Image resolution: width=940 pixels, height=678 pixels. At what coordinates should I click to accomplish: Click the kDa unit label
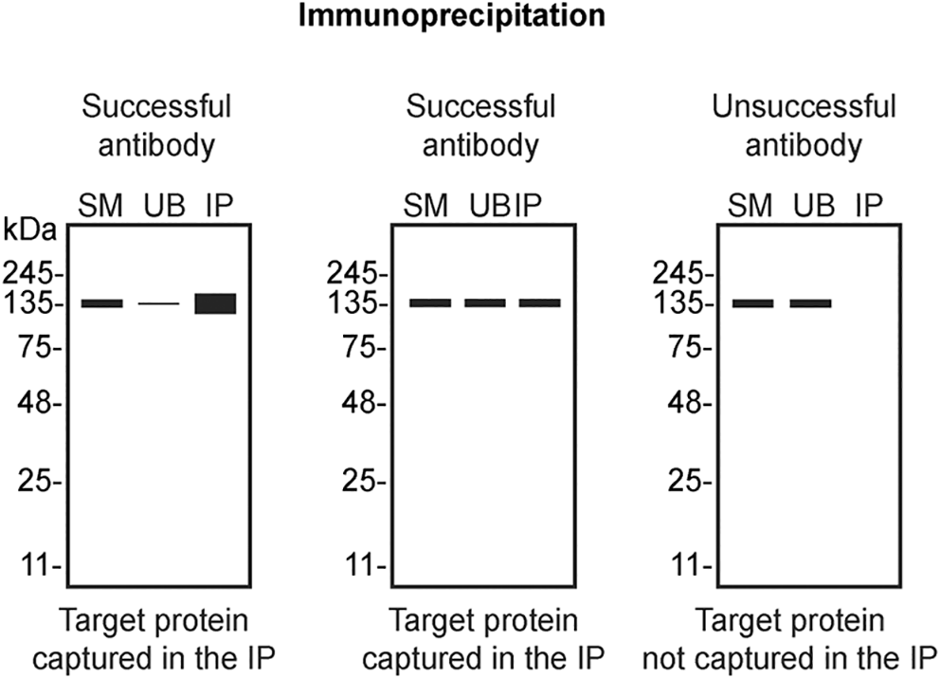tap(30, 230)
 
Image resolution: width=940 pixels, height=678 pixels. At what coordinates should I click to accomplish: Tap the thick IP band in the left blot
tap(215, 303)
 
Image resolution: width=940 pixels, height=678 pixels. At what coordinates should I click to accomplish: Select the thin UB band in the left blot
tap(158, 303)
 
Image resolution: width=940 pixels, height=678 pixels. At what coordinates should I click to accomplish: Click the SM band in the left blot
tap(101, 303)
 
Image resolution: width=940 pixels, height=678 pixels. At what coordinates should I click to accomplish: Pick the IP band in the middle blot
tap(539, 303)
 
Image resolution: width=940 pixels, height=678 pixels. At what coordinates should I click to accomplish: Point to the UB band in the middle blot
tap(485, 303)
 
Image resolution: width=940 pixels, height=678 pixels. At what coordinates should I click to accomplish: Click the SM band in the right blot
tap(752, 303)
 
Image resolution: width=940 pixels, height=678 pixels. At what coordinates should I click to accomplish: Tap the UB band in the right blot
tap(811, 303)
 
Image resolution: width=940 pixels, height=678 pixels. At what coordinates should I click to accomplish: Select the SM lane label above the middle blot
tap(427, 205)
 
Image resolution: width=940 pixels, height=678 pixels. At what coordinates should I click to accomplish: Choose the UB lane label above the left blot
tap(160, 205)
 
